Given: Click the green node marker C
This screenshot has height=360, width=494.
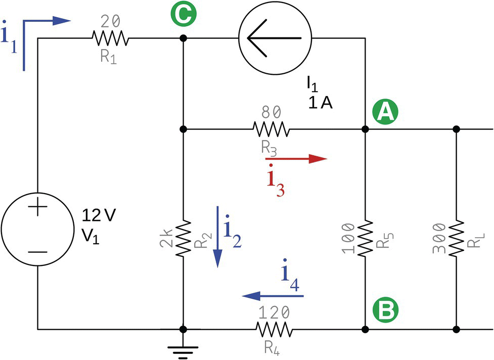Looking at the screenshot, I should pyautogui.click(x=184, y=13).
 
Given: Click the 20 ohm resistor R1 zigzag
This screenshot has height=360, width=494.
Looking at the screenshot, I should pyautogui.click(x=111, y=38).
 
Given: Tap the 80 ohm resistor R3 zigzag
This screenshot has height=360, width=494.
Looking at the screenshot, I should pyautogui.click(x=272, y=129).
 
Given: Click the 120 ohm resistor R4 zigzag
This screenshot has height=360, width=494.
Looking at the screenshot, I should pyautogui.click(x=274, y=330).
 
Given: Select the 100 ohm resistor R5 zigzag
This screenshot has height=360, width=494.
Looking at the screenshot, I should pyautogui.click(x=365, y=237).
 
